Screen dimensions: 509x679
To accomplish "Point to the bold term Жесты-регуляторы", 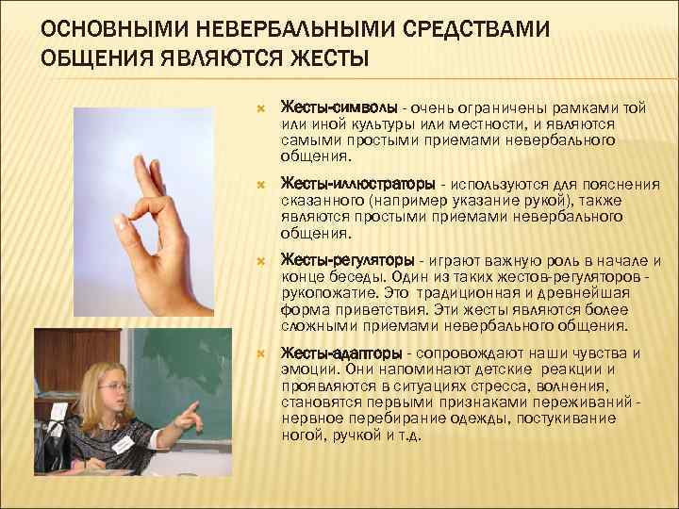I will [x=349, y=260].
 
